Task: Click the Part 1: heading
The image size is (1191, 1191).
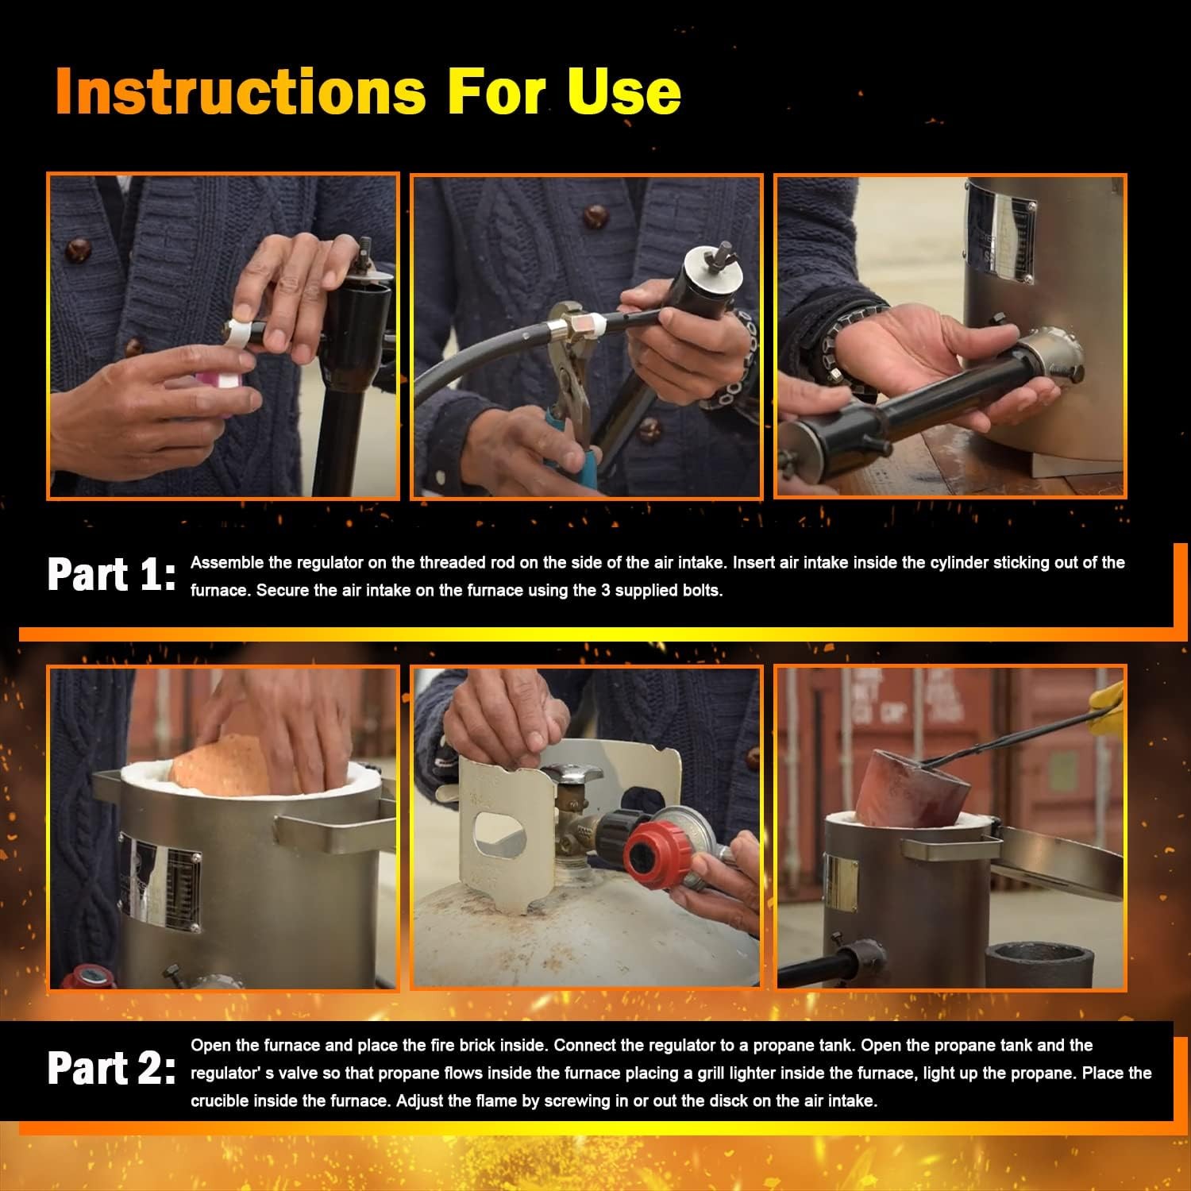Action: pyautogui.click(x=111, y=575)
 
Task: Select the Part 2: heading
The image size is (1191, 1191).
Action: pyautogui.click(x=111, y=1069)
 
